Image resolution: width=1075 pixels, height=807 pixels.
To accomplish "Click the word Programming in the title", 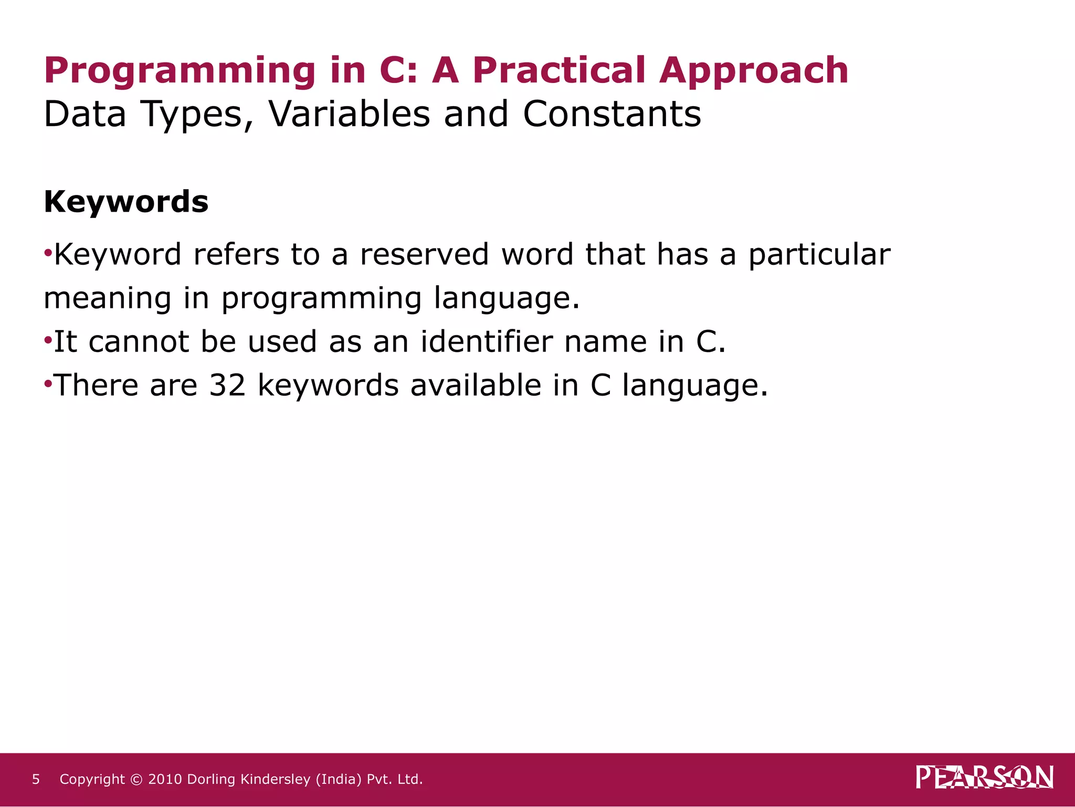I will (x=180, y=71).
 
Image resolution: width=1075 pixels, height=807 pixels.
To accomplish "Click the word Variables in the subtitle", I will (x=349, y=114).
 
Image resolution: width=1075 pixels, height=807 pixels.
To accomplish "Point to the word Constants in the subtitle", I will (x=612, y=114).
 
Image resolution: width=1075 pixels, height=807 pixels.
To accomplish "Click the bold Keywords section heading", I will (x=126, y=202).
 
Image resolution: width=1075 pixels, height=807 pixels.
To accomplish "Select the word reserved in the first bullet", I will (x=424, y=255).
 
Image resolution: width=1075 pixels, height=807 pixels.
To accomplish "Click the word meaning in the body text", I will (x=107, y=299).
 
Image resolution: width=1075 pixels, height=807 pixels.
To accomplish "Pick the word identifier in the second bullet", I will (x=486, y=342).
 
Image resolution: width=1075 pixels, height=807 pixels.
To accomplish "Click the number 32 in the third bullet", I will (x=227, y=386).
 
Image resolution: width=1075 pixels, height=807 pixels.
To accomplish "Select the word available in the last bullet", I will (x=476, y=386).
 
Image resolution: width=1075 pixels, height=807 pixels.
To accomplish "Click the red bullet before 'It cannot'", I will (x=48, y=341).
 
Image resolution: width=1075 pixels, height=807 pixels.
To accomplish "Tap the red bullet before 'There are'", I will (x=48, y=385).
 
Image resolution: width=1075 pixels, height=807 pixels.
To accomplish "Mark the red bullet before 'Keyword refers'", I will (x=48, y=254).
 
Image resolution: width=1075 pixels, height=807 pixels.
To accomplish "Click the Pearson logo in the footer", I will (x=984, y=778).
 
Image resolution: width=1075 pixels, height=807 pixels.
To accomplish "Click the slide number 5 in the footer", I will (x=36, y=779).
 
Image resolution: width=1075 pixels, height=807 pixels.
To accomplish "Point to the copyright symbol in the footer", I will (x=136, y=780).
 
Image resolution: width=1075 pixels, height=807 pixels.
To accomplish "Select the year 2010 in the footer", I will (x=165, y=779).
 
